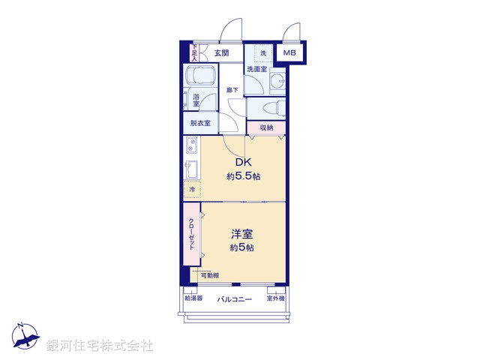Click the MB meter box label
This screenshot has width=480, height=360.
tap(289, 53)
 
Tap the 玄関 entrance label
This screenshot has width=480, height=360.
tap(221, 53)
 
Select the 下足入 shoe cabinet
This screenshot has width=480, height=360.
tap(194, 52)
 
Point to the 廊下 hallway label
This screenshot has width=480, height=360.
tap(232, 90)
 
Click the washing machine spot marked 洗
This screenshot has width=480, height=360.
tap(263, 53)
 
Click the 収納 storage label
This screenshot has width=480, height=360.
tap(266, 128)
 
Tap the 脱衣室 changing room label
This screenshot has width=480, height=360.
tap(200, 123)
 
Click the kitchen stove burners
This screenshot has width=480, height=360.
tap(190, 145)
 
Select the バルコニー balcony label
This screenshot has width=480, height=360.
tap(234, 298)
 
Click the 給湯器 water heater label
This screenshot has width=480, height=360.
tap(193, 298)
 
